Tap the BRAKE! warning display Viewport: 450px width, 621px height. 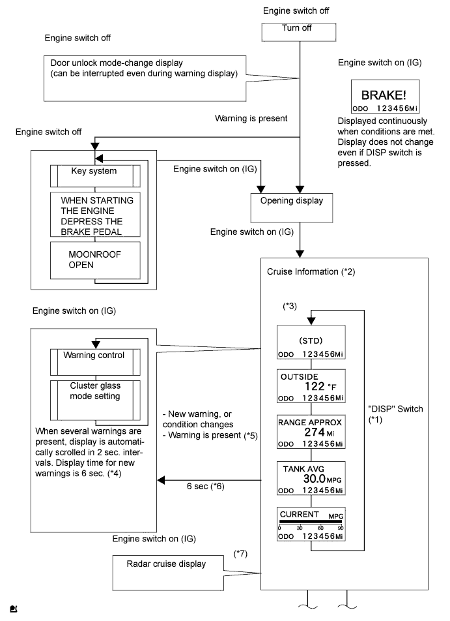coord(384,98)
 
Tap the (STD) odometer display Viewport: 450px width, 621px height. coord(311,346)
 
